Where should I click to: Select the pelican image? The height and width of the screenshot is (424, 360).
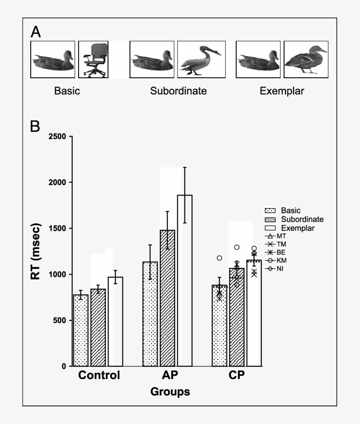click(x=201, y=59)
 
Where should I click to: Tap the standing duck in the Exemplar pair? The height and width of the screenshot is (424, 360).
click(x=306, y=59)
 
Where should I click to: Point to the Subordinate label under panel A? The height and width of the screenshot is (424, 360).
click(x=178, y=91)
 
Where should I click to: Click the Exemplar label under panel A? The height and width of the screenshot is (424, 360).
click(x=281, y=91)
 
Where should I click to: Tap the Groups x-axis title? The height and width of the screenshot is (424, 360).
click(x=170, y=391)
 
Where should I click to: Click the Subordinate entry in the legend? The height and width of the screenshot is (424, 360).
click(x=302, y=219)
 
